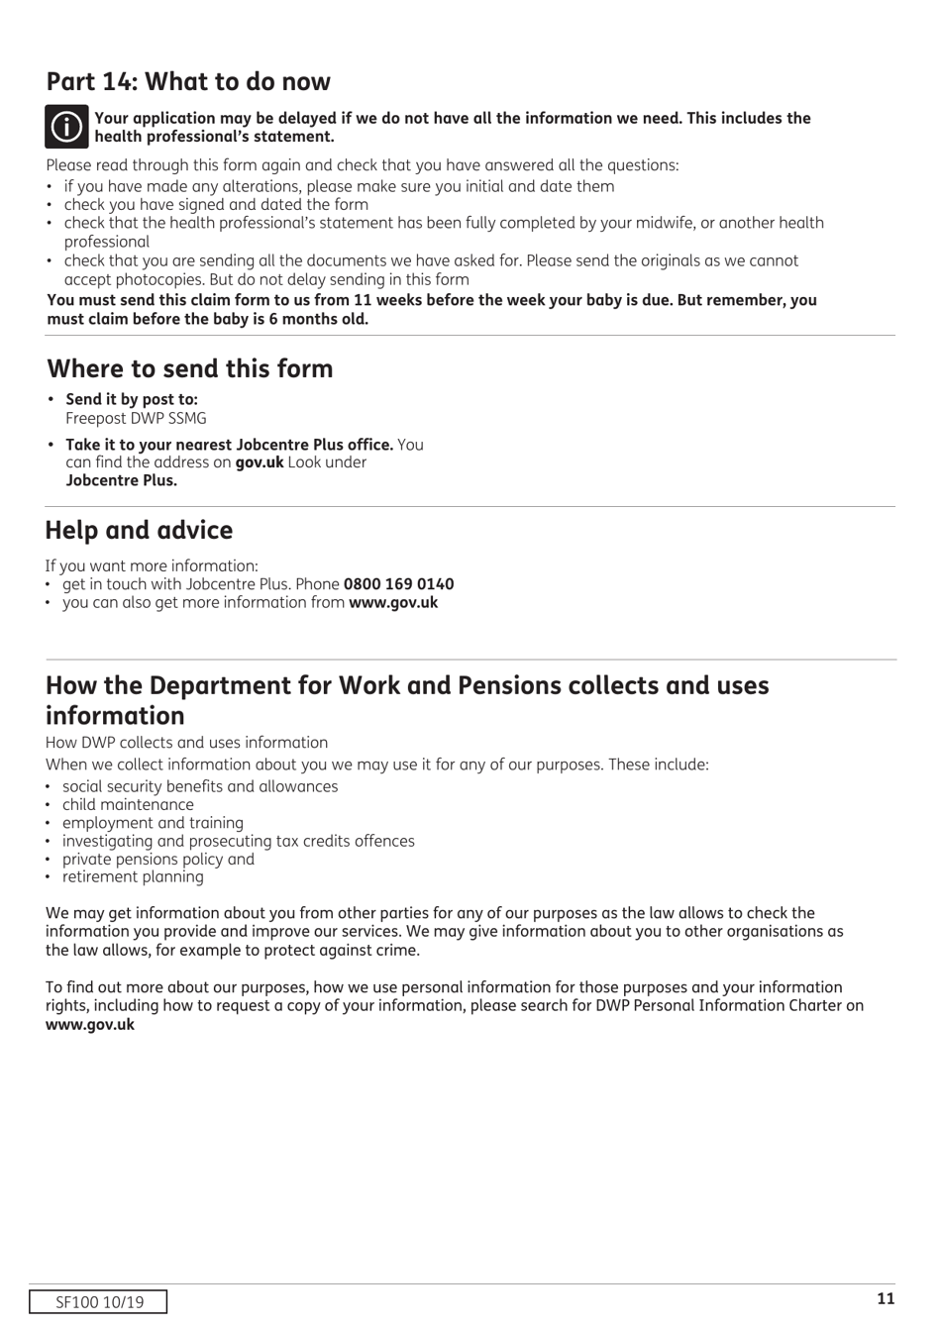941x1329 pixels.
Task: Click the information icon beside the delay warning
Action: point(66,127)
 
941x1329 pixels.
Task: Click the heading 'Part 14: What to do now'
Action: point(188,81)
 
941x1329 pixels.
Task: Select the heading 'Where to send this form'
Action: point(190,368)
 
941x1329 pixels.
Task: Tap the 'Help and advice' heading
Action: point(139,530)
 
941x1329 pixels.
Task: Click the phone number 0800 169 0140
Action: point(398,584)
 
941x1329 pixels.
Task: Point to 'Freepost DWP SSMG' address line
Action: point(136,418)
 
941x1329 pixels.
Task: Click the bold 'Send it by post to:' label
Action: point(132,399)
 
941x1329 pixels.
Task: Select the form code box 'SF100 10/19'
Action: point(98,1302)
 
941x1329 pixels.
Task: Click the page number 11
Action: point(886,1299)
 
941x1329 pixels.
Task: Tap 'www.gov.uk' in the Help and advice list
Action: point(393,602)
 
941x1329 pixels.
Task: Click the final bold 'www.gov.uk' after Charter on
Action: point(90,1024)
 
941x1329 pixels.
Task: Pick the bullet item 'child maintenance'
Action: point(128,804)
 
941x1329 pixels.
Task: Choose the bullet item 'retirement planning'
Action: point(133,876)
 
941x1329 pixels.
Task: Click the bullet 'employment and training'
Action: point(153,822)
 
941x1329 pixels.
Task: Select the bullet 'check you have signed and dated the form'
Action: point(216,205)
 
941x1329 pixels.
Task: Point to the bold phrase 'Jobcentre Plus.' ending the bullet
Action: point(122,480)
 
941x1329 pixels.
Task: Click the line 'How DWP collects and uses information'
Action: point(186,743)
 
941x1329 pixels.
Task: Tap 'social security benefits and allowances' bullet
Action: point(200,786)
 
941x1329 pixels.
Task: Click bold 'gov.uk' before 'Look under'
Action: point(260,462)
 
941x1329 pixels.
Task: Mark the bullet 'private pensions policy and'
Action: point(158,859)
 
